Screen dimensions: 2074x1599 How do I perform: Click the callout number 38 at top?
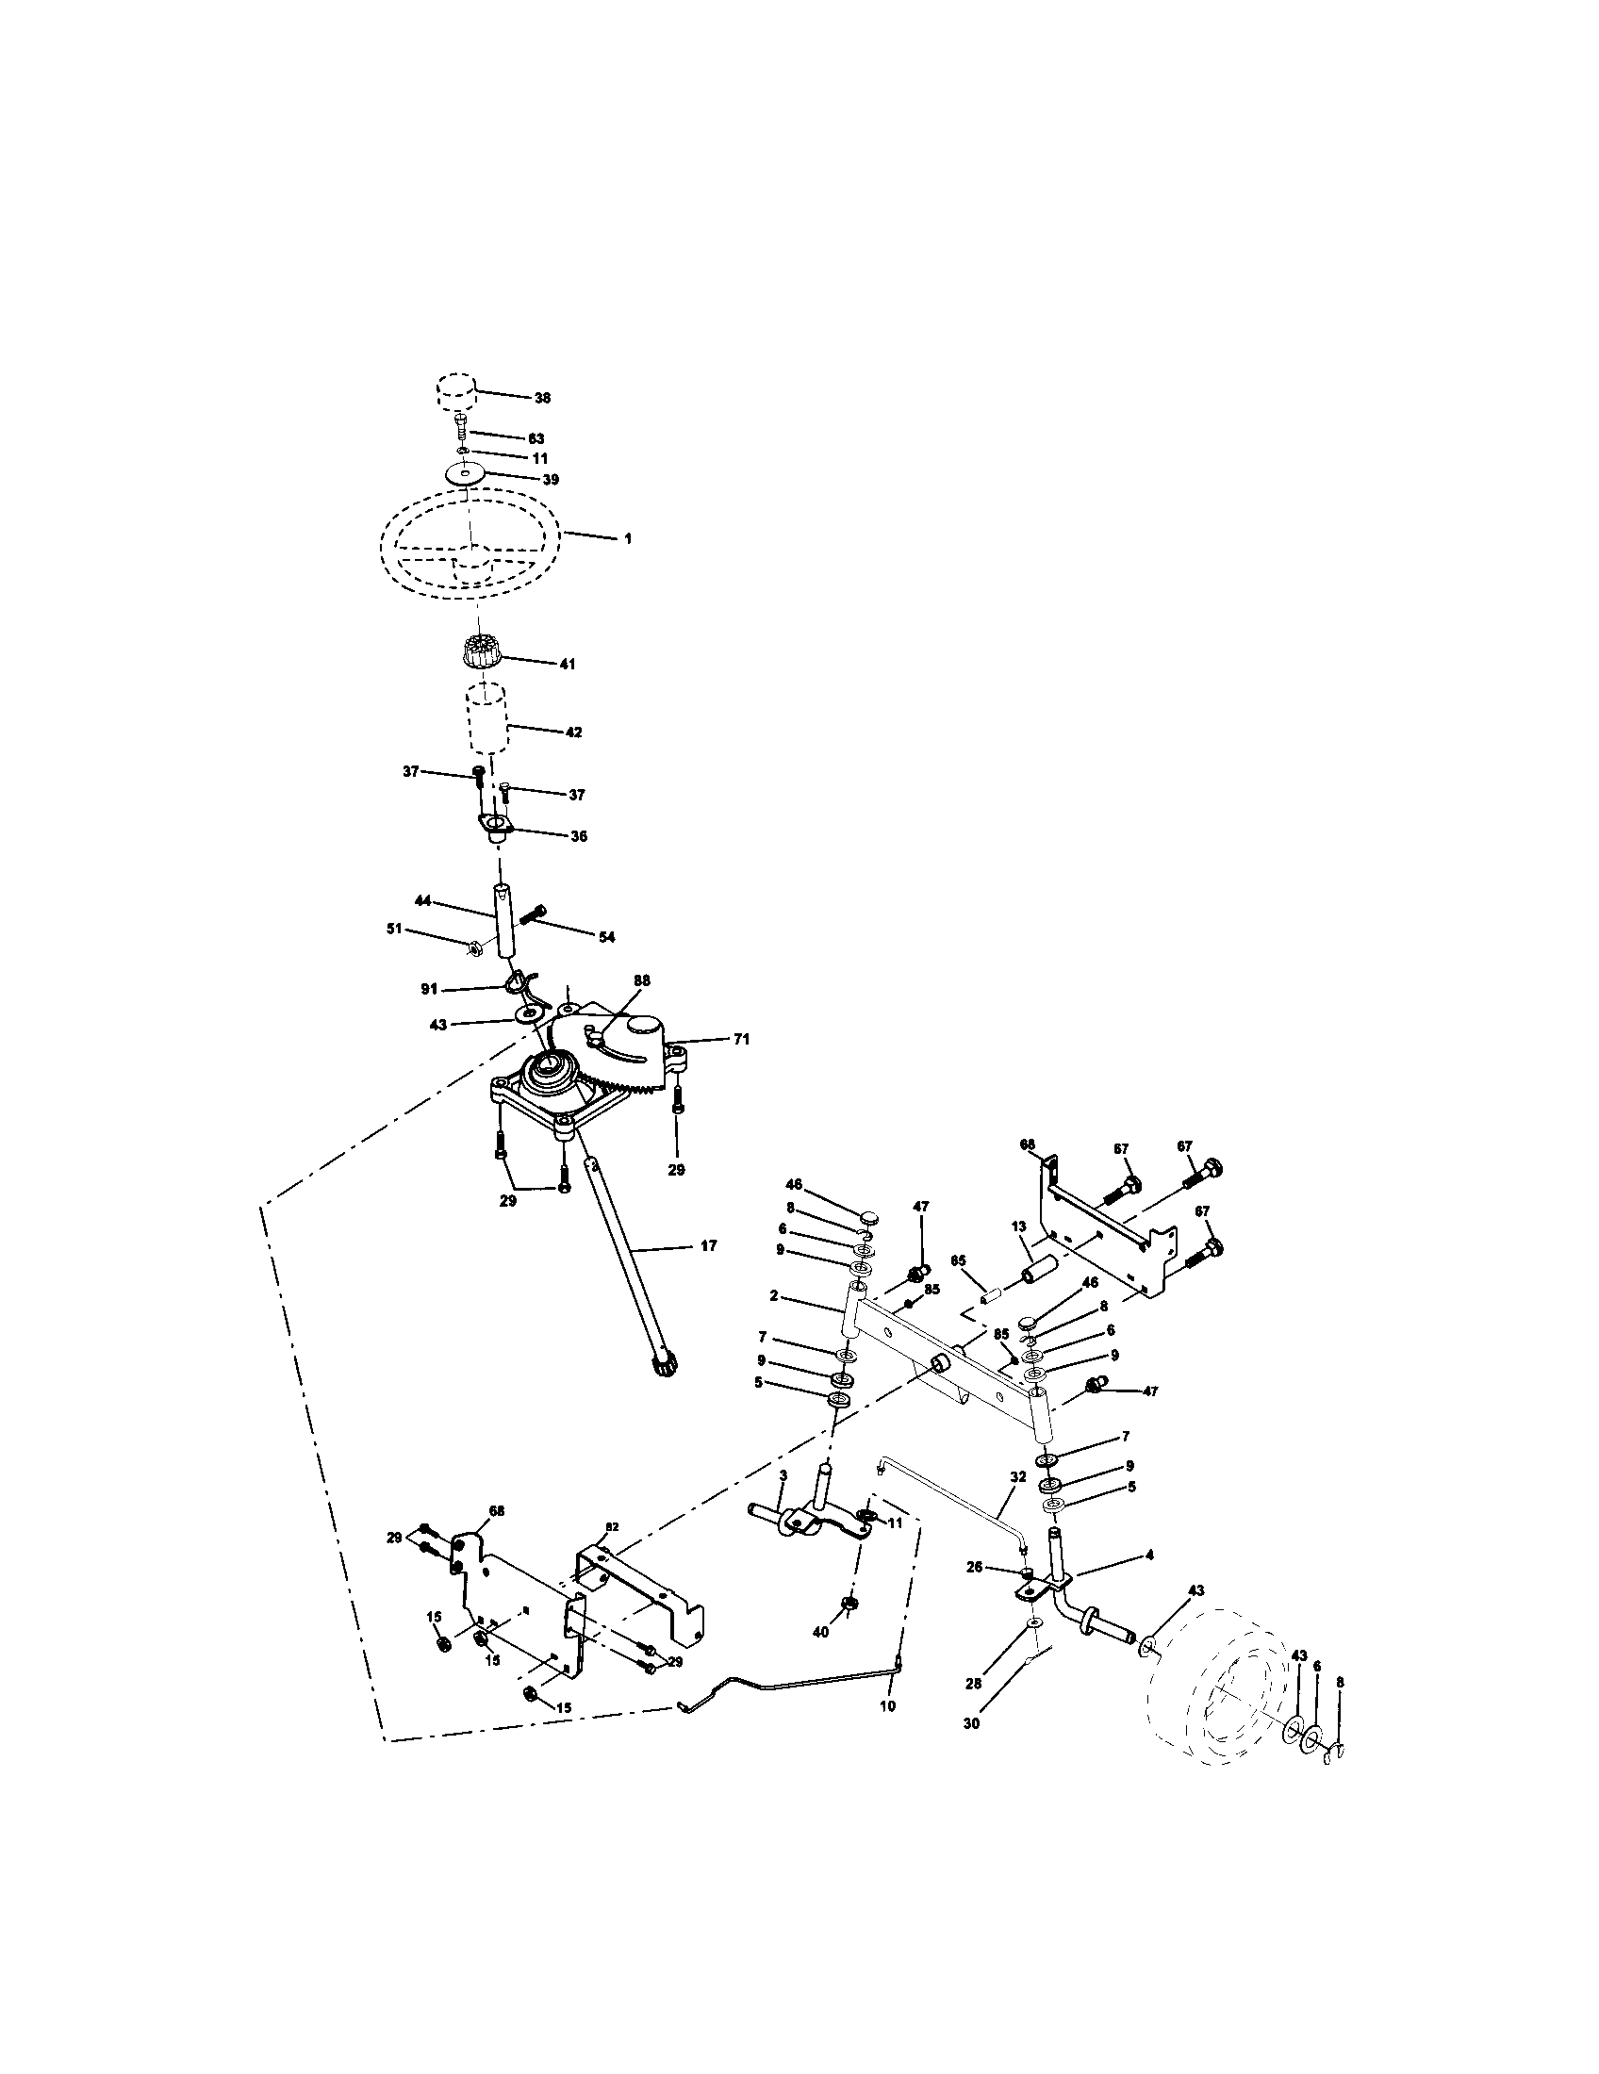click(x=542, y=398)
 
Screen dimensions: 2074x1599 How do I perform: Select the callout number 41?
click(x=567, y=665)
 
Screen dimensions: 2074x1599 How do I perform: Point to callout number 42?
click(x=572, y=732)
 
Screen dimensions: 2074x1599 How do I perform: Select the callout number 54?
click(x=606, y=937)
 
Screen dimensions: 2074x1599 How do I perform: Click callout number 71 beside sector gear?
click(x=741, y=1040)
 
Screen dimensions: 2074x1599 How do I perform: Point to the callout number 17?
click(x=708, y=1245)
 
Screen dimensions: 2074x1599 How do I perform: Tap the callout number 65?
click(x=958, y=1260)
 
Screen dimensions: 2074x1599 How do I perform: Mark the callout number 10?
click(x=887, y=1705)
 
